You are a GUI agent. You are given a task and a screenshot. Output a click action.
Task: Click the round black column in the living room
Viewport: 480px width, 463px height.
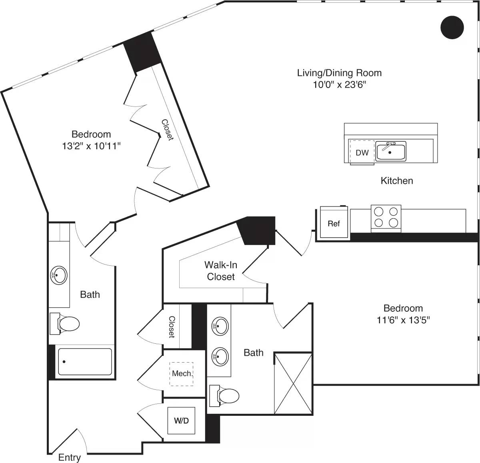click(x=452, y=28)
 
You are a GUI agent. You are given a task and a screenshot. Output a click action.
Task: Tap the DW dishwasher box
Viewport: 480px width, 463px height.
click(x=362, y=152)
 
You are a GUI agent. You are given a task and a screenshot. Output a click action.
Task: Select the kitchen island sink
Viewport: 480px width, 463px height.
click(x=391, y=151)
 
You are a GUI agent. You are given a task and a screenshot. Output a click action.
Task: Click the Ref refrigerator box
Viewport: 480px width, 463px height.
click(x=334, y=223)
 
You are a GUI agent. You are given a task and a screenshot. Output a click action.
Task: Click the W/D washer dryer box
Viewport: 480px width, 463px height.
click(x=181, y=421)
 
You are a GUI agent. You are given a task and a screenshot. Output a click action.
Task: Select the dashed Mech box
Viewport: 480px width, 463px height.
click(x=181, y=374)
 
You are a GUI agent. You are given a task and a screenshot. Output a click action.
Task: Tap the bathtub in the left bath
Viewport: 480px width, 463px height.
click(x=85, y=362)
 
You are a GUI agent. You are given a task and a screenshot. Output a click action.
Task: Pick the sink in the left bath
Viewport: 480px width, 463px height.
click(x=59, y=275)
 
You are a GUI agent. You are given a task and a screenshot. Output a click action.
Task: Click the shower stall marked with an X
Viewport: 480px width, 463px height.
click(x=293, y=383)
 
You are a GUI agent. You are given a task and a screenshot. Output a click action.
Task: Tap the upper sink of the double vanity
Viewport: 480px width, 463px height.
click(x=220, y=326)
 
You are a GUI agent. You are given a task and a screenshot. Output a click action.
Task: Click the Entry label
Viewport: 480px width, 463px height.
click(x=70, y=457)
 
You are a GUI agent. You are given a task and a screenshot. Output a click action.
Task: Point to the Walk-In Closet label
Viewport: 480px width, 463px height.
click(x=221, y=271)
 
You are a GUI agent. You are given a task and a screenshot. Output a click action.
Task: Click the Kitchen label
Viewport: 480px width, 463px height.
click(x=396, y=180)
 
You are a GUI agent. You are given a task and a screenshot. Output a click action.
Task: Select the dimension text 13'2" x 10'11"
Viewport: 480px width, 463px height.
click(x=91, y=146)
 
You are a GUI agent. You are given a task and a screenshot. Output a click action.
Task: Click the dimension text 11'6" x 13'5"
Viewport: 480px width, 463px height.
click(x=403, y=320)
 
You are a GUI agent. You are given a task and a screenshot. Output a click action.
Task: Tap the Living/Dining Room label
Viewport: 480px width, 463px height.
click(x=339, y=73)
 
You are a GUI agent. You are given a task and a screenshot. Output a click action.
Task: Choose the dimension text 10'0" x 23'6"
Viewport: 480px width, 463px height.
click(x=339, y=84)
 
